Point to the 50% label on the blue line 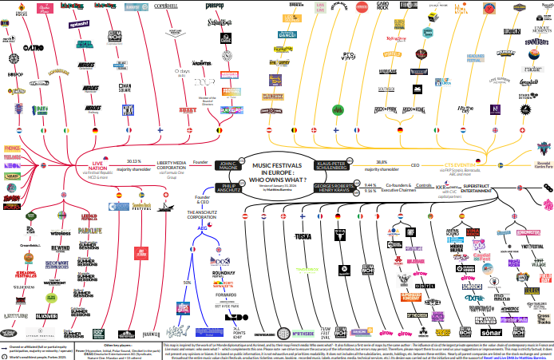click(x=188, y=283)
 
